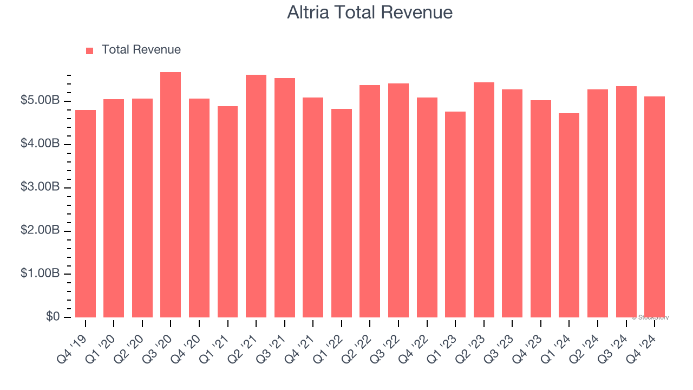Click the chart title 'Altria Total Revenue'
(370, 12)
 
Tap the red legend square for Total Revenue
(90, 50)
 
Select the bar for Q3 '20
(171, 195)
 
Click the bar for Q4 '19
(86, 214)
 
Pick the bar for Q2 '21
(256, 196)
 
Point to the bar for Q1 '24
(569, 216)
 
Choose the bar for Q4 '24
(655, 207)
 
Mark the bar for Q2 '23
(484, 200)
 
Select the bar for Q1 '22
(342, 213)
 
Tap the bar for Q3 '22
(398, 200)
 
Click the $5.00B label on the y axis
(41, 101)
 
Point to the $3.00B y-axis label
(41, 187)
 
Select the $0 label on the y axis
(53, 316)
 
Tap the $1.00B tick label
(41, 274)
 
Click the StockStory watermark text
(650, 317)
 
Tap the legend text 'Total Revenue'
(141, 50)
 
